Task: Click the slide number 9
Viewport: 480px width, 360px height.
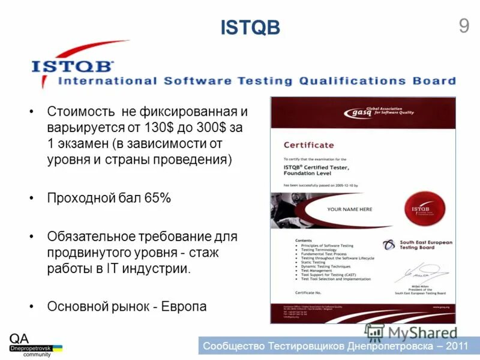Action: [x=463, y=26]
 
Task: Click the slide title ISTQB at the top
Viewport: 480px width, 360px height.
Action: [x=250, y=28]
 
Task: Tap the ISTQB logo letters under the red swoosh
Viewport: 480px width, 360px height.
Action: [x=73, y=65]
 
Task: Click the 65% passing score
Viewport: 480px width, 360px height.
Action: [x=158, y=198]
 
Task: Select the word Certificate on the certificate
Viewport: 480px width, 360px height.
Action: [x=308, y=145]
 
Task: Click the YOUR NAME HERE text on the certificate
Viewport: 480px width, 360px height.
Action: [x=349, y=209]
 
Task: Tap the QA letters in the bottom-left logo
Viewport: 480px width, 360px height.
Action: [x=19, y=339]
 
